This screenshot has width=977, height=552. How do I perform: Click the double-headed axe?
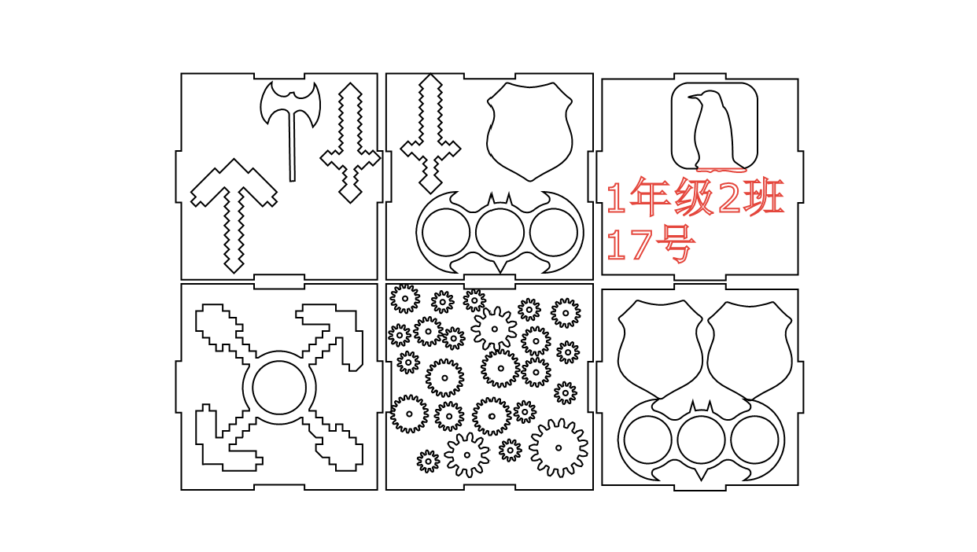(291, 106)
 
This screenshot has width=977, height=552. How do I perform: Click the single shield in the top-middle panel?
(529, 130)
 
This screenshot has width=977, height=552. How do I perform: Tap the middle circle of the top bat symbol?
(500, 233)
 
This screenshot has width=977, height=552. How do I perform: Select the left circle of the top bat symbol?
(445, 233)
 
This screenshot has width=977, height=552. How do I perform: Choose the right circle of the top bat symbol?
(554, 233)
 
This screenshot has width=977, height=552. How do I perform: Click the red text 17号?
(650, 245)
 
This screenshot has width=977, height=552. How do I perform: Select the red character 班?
(763, 197)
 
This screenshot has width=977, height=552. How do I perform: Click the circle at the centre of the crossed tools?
(279, 387)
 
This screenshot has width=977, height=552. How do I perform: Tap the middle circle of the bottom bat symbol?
(701, 440)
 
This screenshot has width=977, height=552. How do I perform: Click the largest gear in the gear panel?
(559, 447)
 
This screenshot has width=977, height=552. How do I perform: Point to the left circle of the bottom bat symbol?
(647, 440)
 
